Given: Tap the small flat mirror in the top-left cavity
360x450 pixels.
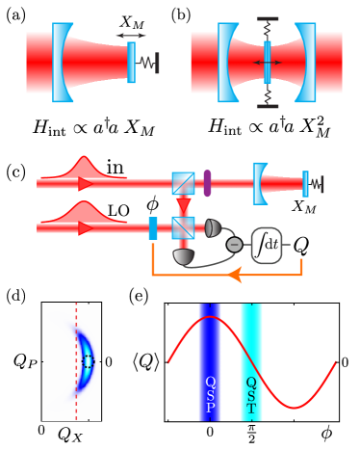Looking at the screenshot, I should (x=131, y=63).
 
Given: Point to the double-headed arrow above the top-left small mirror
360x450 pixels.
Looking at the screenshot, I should (x=130, y=36).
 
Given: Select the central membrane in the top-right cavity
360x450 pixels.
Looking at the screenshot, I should (x=268, y=62).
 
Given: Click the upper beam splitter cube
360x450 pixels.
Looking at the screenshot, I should (x=183, y=183).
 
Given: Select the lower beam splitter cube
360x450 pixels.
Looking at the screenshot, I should (x=183, y=227).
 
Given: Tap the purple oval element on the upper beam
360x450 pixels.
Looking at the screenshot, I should (x=207, y=183).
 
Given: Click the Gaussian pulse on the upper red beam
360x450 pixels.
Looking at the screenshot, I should (x=85, y=168).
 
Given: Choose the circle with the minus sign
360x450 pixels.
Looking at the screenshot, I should (x=234, y=245).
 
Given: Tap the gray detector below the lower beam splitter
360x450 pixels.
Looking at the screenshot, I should (x=184, y=256).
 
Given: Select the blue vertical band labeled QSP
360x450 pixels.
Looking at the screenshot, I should (x=210, y=361).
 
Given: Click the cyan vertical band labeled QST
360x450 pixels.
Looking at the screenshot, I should (x=251, y=361).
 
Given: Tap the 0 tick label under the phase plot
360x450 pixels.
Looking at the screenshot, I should (x=40, y=429).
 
